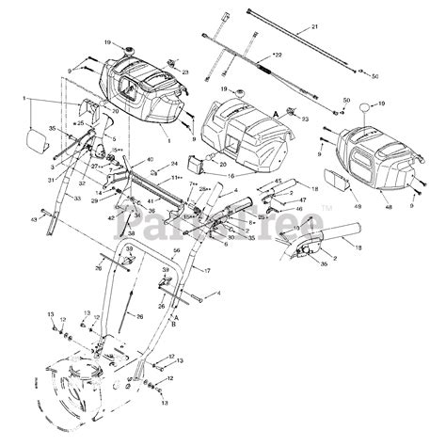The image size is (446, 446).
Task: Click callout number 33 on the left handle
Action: pyautogui.click(x=78, y=199)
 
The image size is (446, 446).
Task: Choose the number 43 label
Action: pyautogui.click(x=34, y=218)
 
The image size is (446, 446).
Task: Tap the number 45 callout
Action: pyautogui.click(x=278, y=181)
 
